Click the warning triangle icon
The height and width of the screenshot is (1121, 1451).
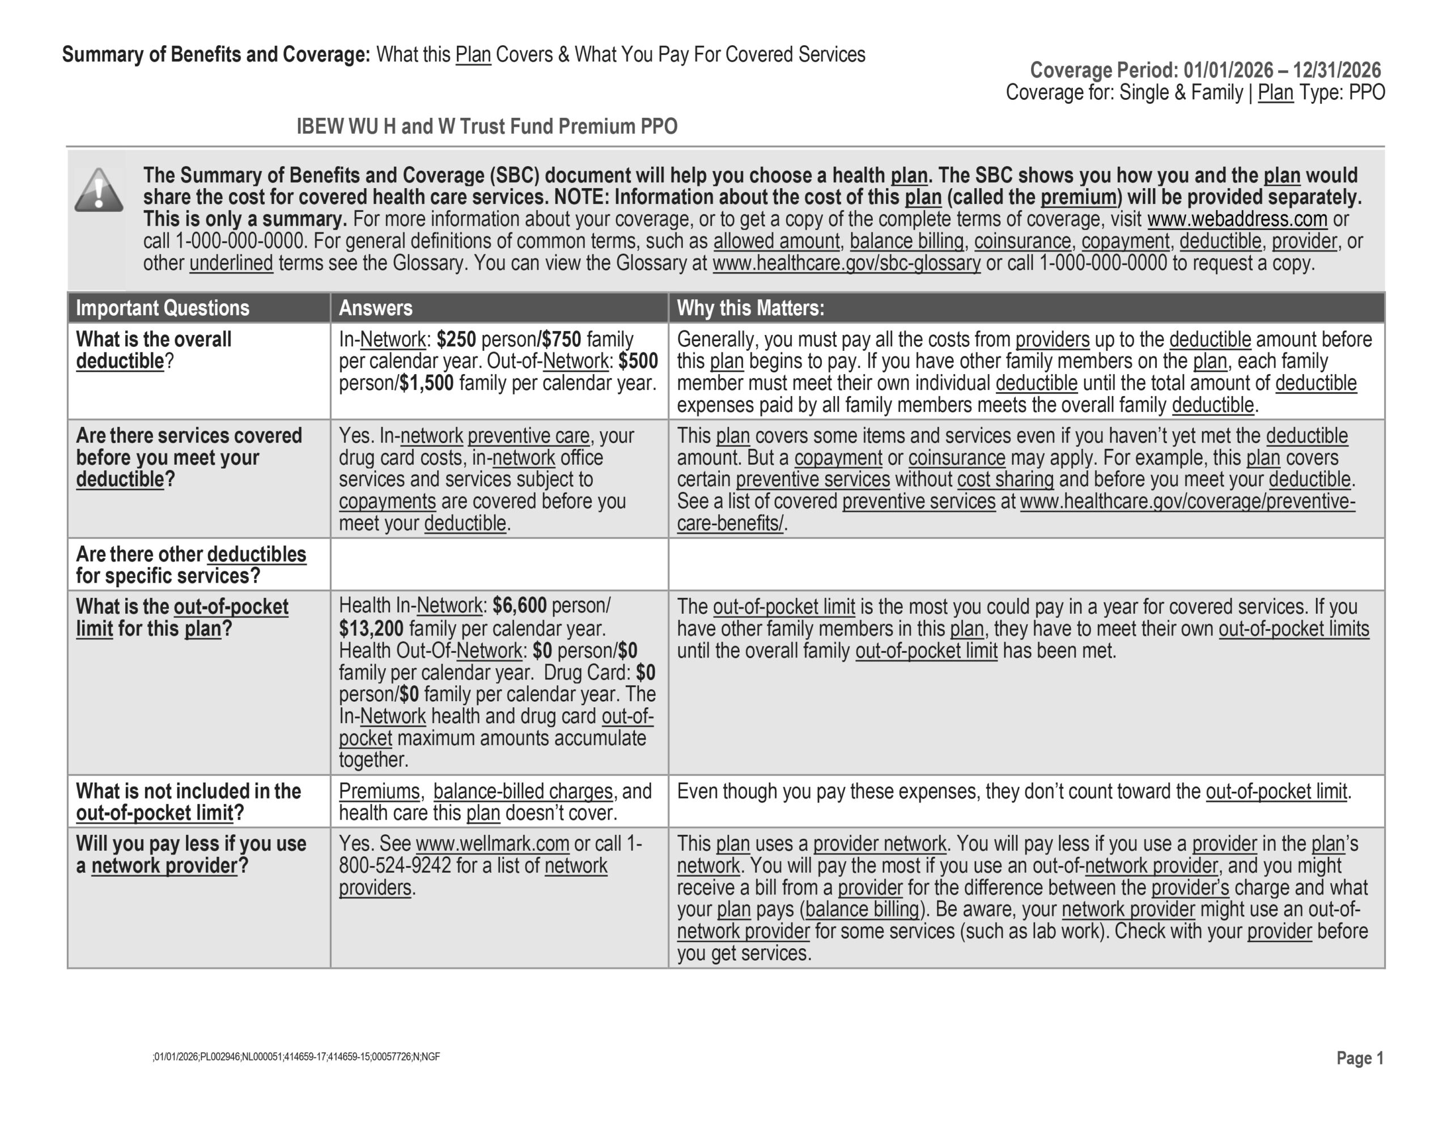[98, 191]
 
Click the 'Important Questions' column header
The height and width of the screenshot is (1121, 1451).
[162, 308]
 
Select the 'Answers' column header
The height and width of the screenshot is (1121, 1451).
[375, 308]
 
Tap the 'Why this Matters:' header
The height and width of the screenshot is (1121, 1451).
[750, 308]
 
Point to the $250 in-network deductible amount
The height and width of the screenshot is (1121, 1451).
[456, 339]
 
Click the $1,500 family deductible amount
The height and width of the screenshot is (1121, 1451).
[427, 384]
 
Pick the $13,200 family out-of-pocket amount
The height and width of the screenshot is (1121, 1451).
[371, 629]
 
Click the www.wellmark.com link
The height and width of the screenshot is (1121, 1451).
[493, 844]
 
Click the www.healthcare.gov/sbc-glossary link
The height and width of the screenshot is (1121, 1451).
[846, 263]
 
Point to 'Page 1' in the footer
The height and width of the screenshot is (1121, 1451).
[1359, 1058]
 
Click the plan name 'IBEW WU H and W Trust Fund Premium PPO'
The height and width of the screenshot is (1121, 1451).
[486, 126]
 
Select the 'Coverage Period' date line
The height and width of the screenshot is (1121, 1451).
[1204, 70]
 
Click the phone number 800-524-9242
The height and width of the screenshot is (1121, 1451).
[394, 866]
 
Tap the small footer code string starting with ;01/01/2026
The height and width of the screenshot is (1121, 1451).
[296, 1057]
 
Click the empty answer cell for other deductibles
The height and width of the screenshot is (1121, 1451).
[499, 564]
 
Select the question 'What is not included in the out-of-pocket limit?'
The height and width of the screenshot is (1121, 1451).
[188, 802]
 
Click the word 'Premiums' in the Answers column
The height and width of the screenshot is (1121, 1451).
[379, 791]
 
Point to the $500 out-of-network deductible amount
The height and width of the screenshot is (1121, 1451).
[638, 362]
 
